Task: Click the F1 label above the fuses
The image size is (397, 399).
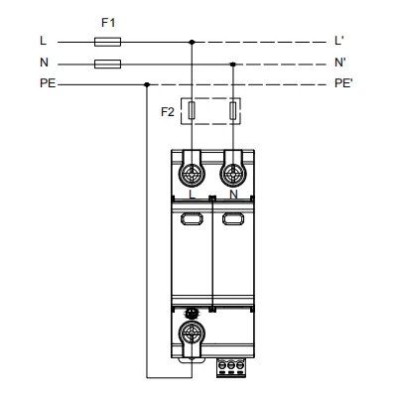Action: pos(108,23)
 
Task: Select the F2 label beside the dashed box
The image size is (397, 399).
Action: pos(168,112)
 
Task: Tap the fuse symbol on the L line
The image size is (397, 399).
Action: pos(107,42)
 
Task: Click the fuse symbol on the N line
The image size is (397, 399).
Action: pos(107,65)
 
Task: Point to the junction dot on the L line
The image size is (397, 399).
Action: pos(192,42)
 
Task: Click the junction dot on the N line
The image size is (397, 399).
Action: pos(233,65)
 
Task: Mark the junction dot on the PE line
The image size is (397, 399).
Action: pos(147,84)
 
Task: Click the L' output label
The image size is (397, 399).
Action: pos(339,41)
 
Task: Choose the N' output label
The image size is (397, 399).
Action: pos(339,63)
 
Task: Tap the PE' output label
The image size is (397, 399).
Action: pos(343,83)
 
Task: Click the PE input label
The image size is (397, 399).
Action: pos(48,83)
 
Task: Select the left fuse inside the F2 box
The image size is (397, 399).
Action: pos(192,110)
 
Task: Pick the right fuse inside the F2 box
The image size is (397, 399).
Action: pos(233,110)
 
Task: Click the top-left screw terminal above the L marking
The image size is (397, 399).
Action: pos(192,174)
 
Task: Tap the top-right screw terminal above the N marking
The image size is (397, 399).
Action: pos(233,174)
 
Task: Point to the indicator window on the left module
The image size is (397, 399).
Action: pos(192,218)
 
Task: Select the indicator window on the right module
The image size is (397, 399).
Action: pos(233,218)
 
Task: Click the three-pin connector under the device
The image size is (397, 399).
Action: pos(231,367)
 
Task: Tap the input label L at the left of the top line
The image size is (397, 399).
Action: pos(44,41)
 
